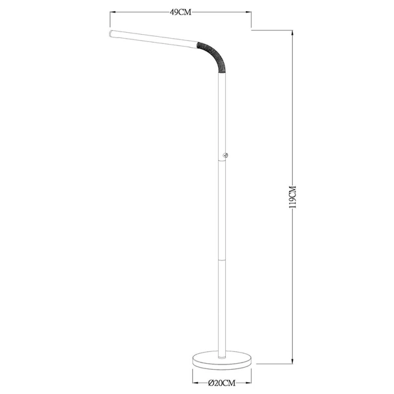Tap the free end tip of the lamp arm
point(109,32)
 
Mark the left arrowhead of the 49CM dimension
point(112,12)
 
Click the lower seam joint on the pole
point(221,258)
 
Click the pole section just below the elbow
point(221,112)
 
